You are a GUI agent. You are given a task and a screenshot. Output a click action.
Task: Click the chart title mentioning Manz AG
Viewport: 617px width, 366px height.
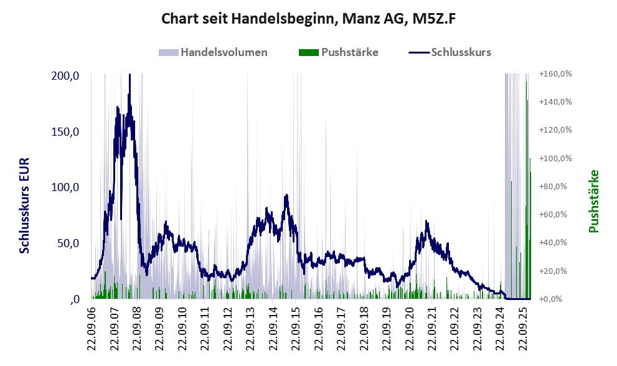pyautogui.click(x=309, y=19)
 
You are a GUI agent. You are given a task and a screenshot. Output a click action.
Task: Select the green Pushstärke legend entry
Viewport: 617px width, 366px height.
pyautogui.click(x=339, y=52)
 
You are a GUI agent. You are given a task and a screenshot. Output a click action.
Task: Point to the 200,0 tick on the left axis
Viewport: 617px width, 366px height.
pyautogui.click(x=65, y=76)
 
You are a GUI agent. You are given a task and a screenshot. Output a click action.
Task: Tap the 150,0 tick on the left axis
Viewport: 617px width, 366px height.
pyautogui.click(x=65, y=132)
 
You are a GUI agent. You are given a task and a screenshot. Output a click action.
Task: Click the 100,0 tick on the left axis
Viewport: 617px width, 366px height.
pyautogui.click(x=65, y=187)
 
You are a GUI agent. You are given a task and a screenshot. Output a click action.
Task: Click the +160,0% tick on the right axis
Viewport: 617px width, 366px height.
pyautogui.click(x=556, y=74)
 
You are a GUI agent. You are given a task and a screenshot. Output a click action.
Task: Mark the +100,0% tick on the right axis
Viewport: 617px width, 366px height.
pyautogui.click(x=556, y=159)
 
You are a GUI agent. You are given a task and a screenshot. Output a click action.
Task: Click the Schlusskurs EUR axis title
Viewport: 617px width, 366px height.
pyautogui.click(x=25, y=205)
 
